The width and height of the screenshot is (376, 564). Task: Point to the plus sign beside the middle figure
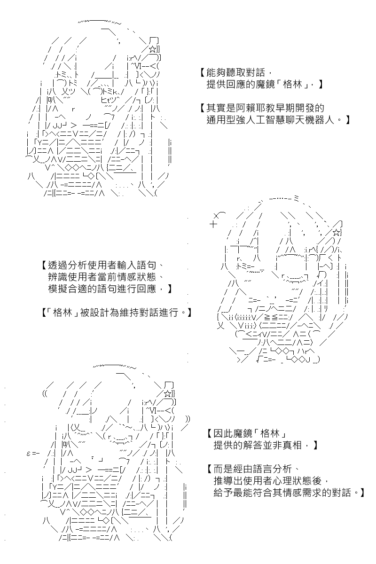213,224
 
